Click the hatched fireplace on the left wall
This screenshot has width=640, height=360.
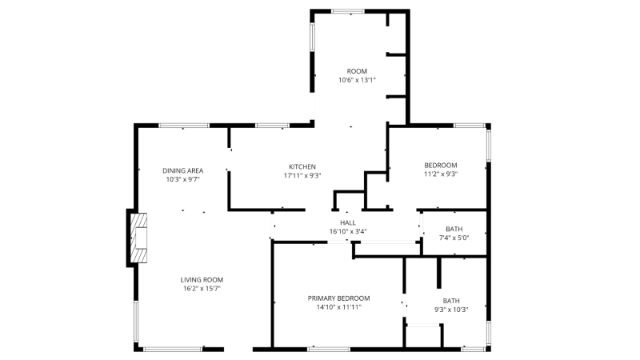138,238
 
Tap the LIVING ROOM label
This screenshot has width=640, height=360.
202,279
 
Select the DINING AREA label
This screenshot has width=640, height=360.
183,170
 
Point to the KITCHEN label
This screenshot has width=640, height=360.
302,166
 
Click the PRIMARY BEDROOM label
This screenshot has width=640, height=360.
338,298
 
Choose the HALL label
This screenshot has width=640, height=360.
348,222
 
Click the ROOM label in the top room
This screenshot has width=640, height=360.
357,71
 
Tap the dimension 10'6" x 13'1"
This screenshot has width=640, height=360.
357,80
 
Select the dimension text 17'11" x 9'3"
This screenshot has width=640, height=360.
302,175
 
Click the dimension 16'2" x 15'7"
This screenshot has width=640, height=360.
202,289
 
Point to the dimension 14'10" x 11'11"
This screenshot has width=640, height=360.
338,307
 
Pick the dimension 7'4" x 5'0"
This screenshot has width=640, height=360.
454,238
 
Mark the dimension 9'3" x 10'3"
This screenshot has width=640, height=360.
451,310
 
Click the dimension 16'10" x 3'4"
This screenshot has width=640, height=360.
348,231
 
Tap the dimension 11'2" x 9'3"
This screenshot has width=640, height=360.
441,174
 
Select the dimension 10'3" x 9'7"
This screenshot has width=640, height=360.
183,179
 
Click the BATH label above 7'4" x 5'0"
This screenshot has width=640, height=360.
454,229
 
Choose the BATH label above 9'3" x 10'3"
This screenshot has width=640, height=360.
451,301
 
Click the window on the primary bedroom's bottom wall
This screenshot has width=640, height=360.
329,350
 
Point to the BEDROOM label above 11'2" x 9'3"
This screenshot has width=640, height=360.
441,166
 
